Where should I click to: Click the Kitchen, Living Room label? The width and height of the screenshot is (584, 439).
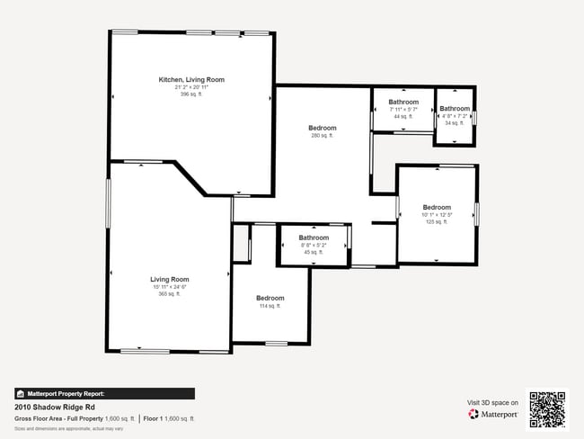tap(191, 80)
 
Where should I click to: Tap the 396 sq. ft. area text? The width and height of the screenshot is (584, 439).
tap(191, 94)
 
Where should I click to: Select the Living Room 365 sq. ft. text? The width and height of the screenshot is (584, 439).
tap(170, 294)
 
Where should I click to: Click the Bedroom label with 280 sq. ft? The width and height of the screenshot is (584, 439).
tap(323, 129)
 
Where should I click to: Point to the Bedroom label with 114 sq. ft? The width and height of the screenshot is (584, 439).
tap(270, 298)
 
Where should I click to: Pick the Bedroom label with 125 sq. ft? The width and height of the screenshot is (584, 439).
tap(437, 207)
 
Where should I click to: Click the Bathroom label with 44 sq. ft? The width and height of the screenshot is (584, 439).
tap(403, 103)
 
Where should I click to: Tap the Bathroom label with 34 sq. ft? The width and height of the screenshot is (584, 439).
tap(455, 109)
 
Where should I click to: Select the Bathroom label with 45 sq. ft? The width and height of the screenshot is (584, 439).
tap(314, 238)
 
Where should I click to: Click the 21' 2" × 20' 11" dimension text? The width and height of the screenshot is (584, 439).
tap(191, 87)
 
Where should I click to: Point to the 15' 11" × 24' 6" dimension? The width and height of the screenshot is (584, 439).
tap(170, 287)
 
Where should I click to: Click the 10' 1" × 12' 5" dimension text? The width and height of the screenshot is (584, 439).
tap(437, 215)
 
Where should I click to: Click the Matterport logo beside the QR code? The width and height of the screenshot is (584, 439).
tap(493, 415)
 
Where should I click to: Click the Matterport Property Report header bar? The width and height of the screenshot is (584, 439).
tap(104, 393)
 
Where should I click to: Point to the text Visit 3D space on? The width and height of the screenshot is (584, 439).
tap(493, 403)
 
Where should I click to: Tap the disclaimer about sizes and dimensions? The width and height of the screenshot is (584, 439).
tap(68, 428)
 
